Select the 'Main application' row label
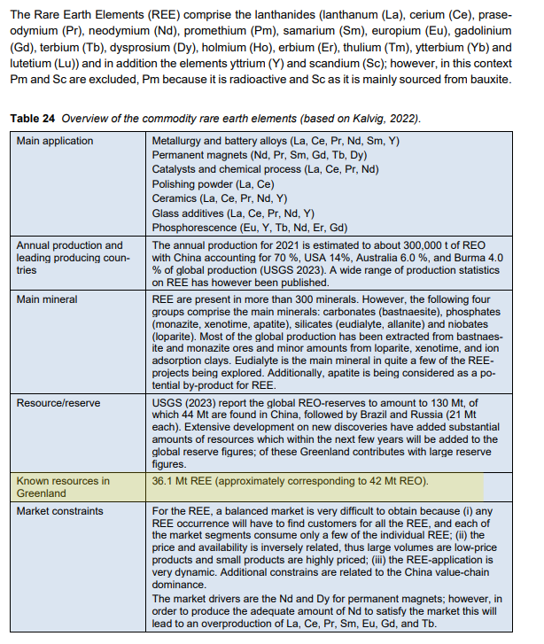56,140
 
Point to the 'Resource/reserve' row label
58,402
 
